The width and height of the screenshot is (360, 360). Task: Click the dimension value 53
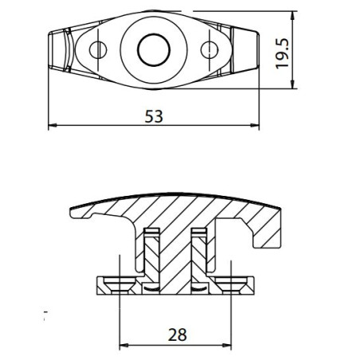(x=154, y=116)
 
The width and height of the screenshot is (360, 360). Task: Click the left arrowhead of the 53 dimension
(x=53, y=126)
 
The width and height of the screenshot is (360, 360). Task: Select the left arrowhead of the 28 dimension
(x=123, y=346)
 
